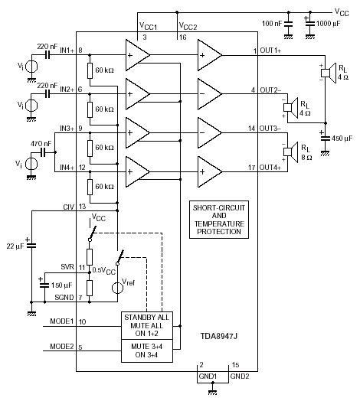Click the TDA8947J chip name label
[218, 335]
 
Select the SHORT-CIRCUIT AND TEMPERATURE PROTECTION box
[219, 220]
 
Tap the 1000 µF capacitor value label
[329, 24]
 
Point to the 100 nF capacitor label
[272, 24]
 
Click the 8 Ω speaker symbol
[291, 152]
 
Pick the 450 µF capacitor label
[342, 139]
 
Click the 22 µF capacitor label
[15, 246]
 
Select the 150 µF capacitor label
[62, 285]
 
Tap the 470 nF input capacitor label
[41, 144]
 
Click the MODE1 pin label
[62, 321]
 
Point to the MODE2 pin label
[62, 347]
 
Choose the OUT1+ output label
[270, 51]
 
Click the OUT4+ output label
[270, 168]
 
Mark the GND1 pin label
[208, 377]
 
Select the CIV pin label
[69, 207]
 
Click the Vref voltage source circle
[117, 288]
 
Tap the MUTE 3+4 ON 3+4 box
[147, 350]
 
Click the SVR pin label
[67, 267]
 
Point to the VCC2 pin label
[188, 26]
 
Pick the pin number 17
[252, 168]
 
